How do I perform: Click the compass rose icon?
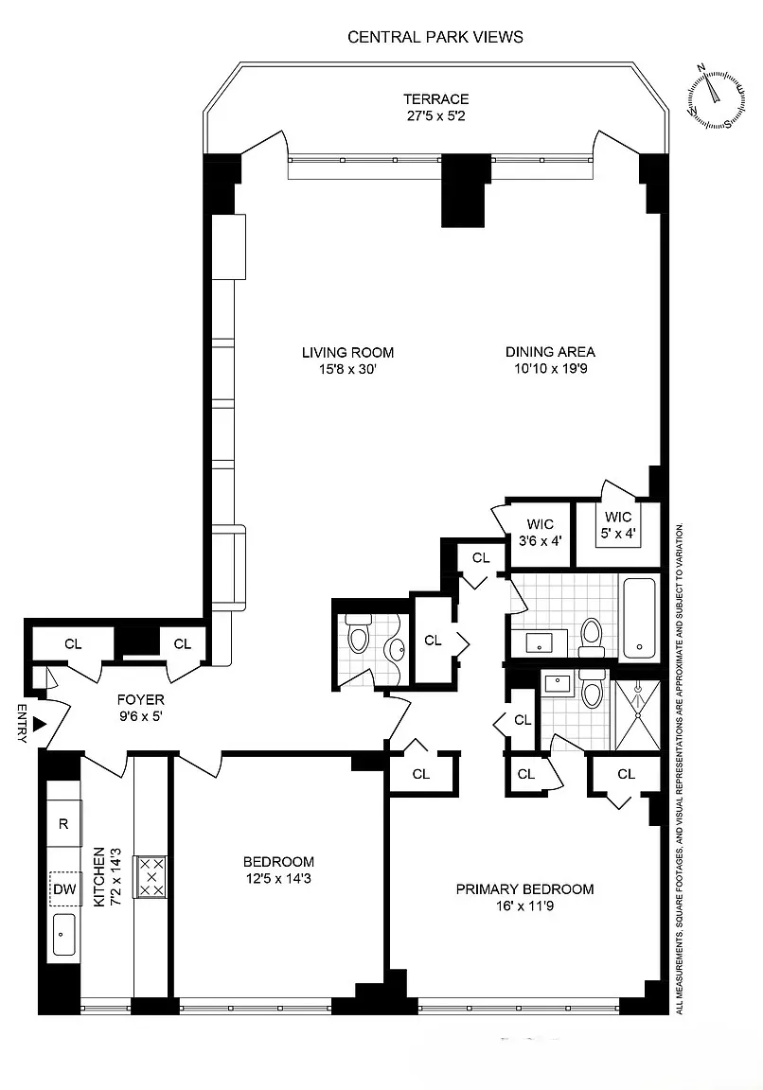tap(717, 97)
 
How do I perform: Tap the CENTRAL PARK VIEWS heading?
tap(435, 37)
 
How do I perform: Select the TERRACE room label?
tap(435, 99)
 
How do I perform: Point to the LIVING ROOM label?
tap(347, 353)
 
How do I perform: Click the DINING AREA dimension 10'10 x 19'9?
tap(549, 370)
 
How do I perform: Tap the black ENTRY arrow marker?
tap(39, 724)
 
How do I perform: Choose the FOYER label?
tap(140, 700)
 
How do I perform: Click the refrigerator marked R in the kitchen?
tap(64, 823)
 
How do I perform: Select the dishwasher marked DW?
tap(64, 888)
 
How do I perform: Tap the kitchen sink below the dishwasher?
tap(64, 936)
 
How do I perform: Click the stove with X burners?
tap(151, 876)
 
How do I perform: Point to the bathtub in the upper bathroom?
tap(640, 618)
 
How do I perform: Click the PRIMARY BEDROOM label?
tap(524, 888)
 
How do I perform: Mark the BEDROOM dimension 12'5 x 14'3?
tap(278, 879)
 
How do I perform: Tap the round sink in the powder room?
tap(398, 649)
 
